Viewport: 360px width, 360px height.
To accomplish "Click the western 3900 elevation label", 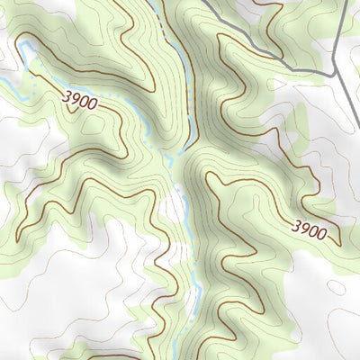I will [80, 101].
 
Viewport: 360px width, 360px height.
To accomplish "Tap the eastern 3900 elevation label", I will [309, 229].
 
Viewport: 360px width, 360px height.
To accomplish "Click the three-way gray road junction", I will [334, 70].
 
